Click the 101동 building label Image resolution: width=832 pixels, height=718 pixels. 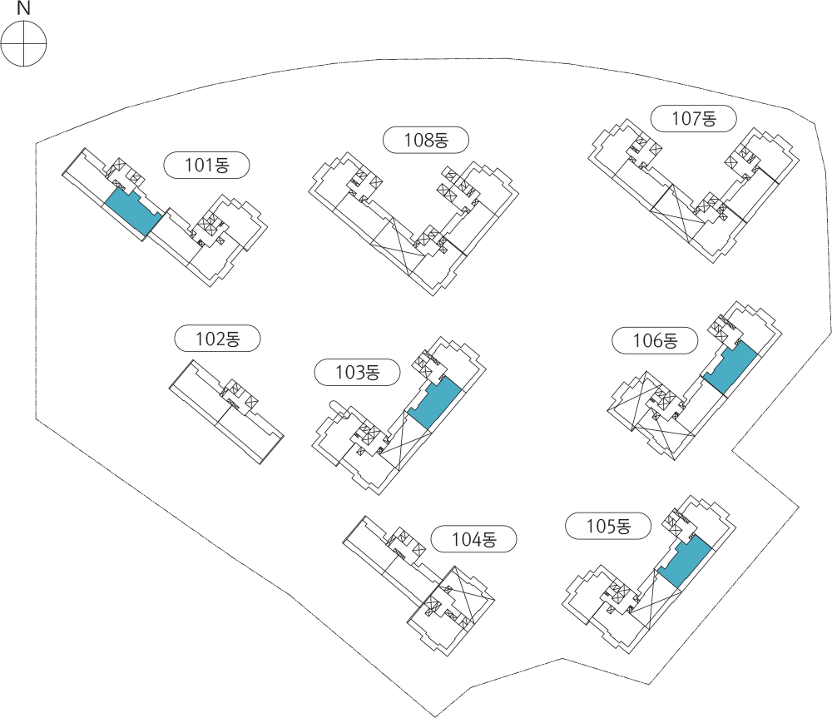(206, 165)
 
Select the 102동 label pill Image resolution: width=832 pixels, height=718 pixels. (217, 339)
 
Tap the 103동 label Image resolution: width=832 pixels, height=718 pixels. (357, 372)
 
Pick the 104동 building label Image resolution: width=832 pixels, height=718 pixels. (474, 539)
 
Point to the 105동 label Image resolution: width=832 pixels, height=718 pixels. (608, 526)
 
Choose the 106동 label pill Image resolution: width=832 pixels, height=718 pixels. (655, 340)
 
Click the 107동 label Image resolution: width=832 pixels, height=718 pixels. (694, 118)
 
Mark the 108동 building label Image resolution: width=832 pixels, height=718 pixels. (426, 140)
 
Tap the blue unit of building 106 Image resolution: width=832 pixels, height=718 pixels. (730, 368)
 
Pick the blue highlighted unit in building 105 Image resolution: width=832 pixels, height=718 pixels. (685, 562)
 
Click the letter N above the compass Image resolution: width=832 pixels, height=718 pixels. (24, 8)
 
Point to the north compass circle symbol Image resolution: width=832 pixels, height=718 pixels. (24, 43)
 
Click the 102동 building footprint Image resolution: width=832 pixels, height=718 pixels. (226, 412)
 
